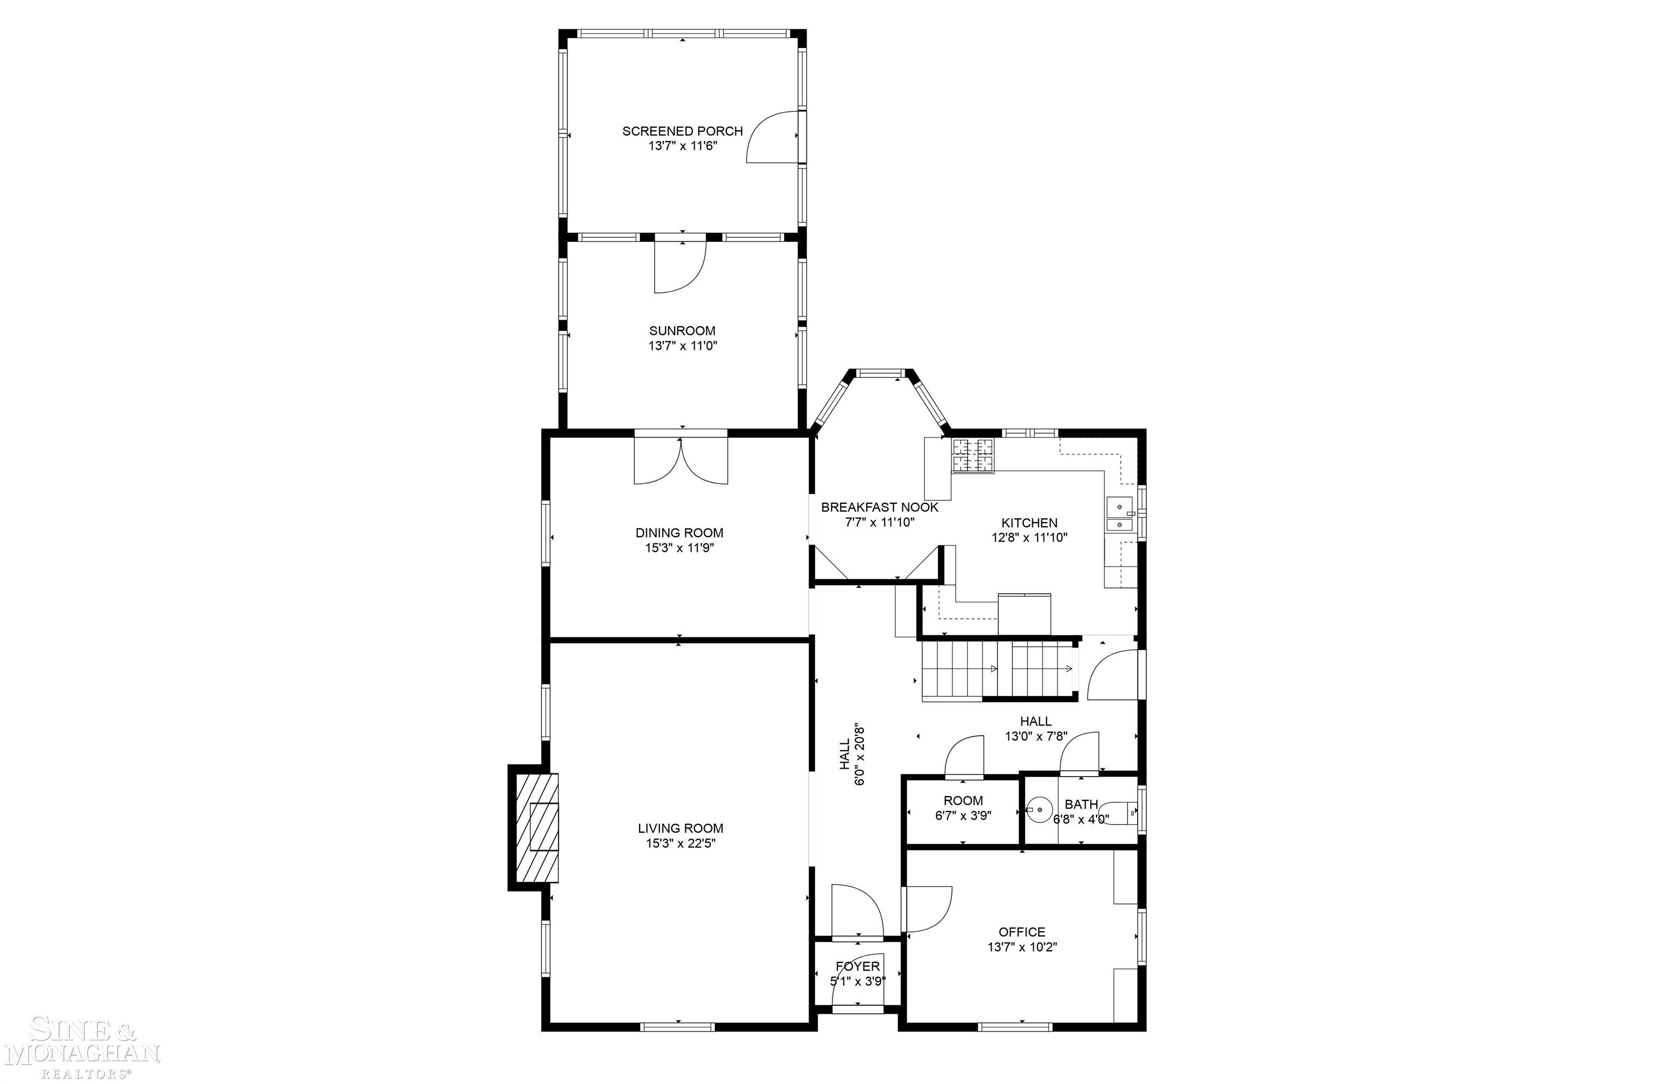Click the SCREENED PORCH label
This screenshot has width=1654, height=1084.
tap(682, 131)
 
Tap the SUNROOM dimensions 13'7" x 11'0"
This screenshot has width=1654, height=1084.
tap(682, 346)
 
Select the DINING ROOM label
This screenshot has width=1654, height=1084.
tap(679, 533)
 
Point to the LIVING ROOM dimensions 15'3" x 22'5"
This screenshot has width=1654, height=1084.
tap(681, 843)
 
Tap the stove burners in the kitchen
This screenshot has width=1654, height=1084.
tap(972, 456)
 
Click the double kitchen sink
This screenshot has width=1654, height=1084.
tap(1119, 514)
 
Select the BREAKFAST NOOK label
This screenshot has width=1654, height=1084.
tap(879, 507)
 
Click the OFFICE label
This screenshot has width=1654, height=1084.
tap(1021, 932)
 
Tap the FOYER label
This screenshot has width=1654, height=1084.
tap(857, 967)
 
